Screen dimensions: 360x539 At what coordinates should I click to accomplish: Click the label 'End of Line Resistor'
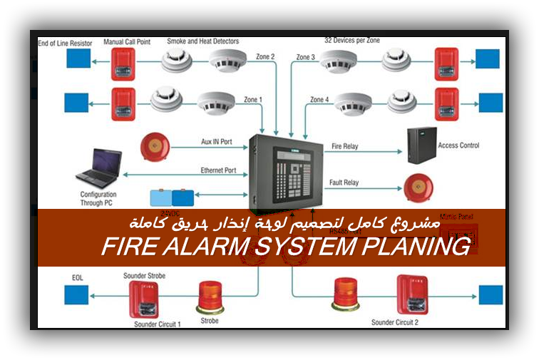(x=66, y=43)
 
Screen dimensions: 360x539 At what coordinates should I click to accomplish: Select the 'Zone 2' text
(x=265, y=56)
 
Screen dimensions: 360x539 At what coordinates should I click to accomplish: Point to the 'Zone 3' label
(x=305, y=56)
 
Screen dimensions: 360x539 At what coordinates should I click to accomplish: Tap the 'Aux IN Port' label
(x=215, y=141)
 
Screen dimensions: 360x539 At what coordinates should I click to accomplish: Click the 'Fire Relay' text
(x=345, y=146)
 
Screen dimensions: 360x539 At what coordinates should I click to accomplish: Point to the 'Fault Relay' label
(x=344, y=182)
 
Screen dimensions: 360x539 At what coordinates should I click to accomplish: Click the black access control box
(x=421, y=145)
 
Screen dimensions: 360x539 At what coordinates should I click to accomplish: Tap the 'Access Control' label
(x=458, y=145)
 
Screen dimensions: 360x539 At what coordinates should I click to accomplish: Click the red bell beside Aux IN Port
(x=154, y=147)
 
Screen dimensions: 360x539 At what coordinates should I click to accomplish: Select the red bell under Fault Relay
(x=418, y=187)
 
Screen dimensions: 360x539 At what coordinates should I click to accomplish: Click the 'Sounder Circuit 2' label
(x=395, y=322)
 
